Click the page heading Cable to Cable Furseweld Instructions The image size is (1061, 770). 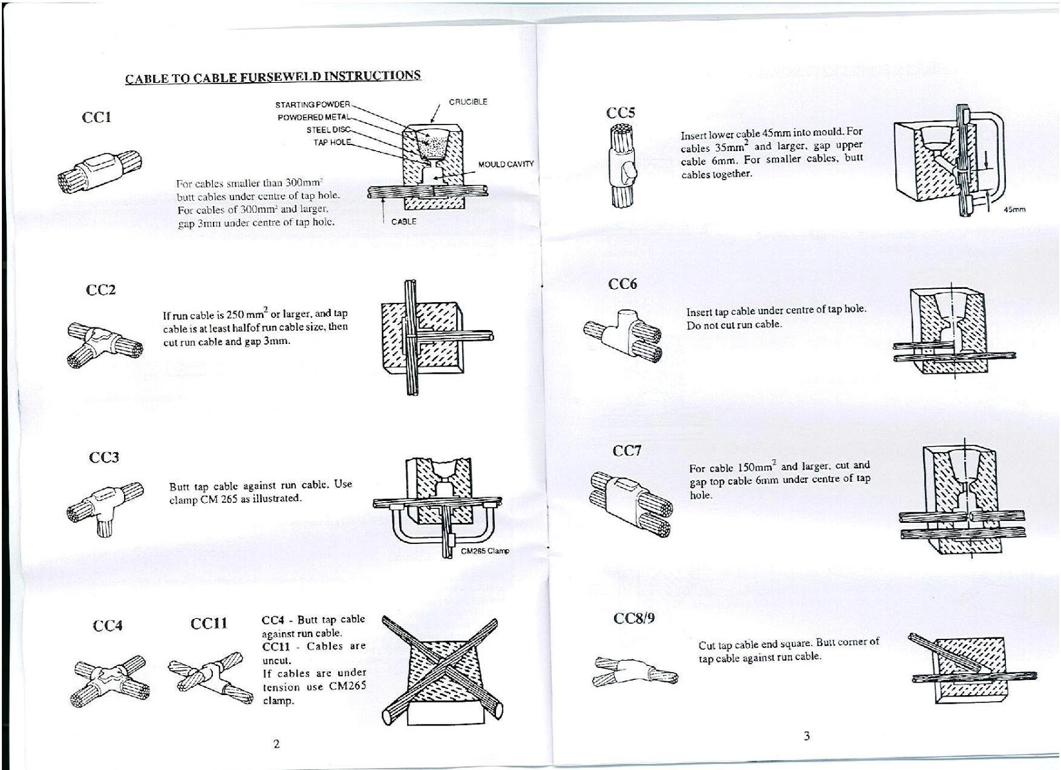pos(273,76)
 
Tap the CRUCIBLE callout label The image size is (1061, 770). pos(468,102)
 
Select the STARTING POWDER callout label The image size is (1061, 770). pos(312,105)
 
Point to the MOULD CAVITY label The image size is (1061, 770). pos(505,164)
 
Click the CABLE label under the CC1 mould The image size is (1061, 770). pos(404,222)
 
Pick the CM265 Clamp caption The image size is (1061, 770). pos(485,551)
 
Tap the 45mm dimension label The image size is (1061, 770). pos(1015,209)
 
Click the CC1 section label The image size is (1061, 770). pos(96,118)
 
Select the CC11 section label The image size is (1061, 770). pos(208,624)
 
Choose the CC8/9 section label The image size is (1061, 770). pos(634,618)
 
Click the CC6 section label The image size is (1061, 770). pos(622,284)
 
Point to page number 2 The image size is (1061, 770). pos(276,743)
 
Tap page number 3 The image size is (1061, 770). pos(806,736)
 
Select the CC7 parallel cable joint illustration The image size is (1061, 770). pos(631,504)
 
